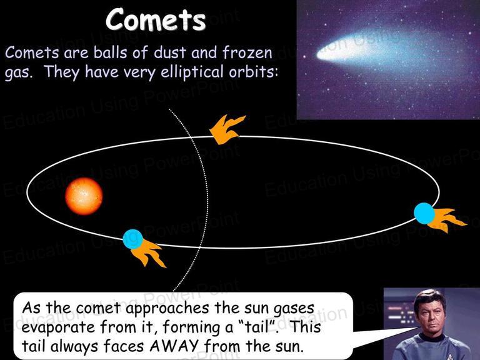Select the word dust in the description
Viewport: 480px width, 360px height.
pos(170,52)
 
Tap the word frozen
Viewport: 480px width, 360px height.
pos(247,52)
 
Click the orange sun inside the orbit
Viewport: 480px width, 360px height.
pos(84,196)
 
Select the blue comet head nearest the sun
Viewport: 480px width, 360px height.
pos(133,239)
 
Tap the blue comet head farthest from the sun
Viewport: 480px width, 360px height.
pos(424,213)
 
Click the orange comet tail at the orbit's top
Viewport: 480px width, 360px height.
pos(227,129)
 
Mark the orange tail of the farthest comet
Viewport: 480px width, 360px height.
pos(447,219)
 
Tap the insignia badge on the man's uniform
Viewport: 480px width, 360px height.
pos(449,356)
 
